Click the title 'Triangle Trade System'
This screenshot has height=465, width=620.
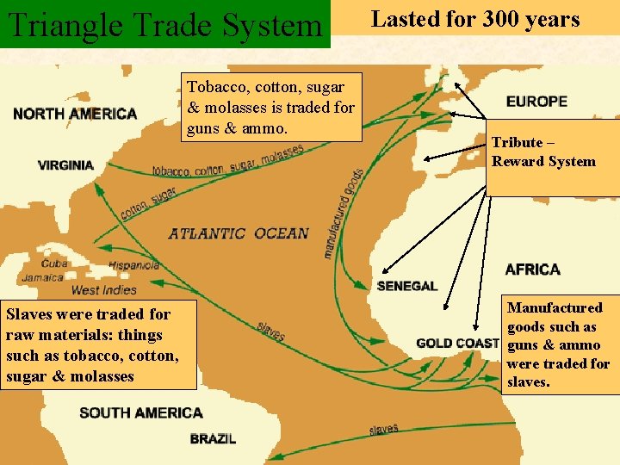tap(164, 24)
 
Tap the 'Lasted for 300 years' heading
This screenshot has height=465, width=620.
tap(475, 20)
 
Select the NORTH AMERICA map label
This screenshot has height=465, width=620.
tap(75, 114)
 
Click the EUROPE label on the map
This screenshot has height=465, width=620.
tap(536, 102)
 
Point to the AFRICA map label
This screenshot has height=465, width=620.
tap(533, 270)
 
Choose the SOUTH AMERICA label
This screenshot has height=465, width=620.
tap(141, 413)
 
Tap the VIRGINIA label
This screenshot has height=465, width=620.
tap(66, 165)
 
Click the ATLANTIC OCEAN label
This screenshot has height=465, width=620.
tap(239, 233)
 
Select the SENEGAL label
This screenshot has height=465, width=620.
tap(407, 286)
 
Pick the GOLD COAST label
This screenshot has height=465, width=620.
tap(457, 343)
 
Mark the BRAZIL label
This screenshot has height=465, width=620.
tap(214, 439)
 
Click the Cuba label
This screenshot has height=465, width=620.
tap(54, 263)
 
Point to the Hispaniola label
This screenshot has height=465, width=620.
tap(133, 266)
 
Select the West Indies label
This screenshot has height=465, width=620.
tap(103, 290)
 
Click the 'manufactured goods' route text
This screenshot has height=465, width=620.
tap(343, 212)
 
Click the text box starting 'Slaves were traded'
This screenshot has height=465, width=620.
tap(98, 344)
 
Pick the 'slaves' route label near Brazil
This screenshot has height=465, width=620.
tap(384, 429)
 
